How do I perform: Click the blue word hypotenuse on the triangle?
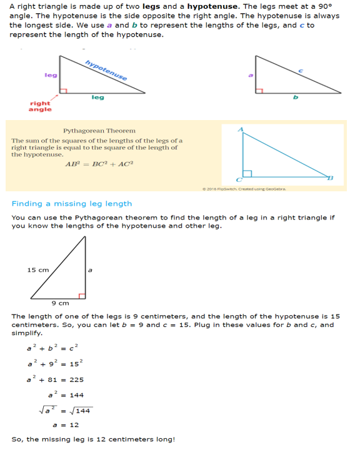coord(106,69)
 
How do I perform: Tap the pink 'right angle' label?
coord(40,106)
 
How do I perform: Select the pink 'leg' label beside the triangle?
coord(51,75)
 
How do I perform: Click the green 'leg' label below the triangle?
coord(97,98)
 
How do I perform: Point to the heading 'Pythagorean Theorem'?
coord(99,131)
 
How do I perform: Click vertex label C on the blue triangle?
coord(238,179)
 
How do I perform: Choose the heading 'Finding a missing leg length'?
coord(72,203)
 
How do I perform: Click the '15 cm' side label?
coord(37,269)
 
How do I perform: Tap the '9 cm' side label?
coord(59,303)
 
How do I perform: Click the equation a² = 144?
coord(66,395)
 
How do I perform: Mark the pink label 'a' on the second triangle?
coord(251,76)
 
